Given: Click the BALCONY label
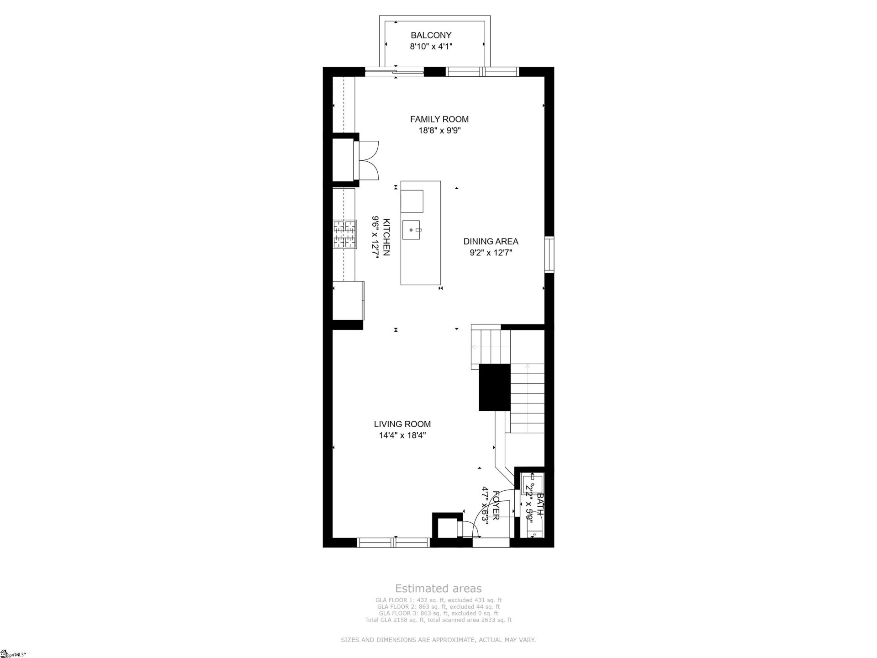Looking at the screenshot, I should coord(431,35).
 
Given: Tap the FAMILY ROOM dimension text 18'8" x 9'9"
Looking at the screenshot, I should coord(439,131).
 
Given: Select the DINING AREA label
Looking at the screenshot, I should coord(491,241).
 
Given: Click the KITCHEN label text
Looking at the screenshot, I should coord(386,237).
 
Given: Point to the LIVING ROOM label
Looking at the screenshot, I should coord(402,424).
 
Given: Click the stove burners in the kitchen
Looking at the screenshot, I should coord(344,234).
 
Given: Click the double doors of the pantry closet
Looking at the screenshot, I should coord(369,161).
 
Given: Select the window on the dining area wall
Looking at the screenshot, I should coord(549,255).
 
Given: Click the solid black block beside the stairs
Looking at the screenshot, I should coord(494,387).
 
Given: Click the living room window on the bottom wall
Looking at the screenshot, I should coord(393,542).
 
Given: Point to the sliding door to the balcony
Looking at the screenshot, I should coord(394,71).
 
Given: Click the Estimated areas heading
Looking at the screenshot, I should coord(438,589).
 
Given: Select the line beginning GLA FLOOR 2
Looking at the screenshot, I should coord(438,607).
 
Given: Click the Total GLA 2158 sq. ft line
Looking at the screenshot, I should coord(438,620).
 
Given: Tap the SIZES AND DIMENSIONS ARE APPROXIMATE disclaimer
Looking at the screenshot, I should coord(438,640).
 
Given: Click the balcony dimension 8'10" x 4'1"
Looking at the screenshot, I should coord(431,46).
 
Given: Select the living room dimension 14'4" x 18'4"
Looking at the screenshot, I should coord(402,435).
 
